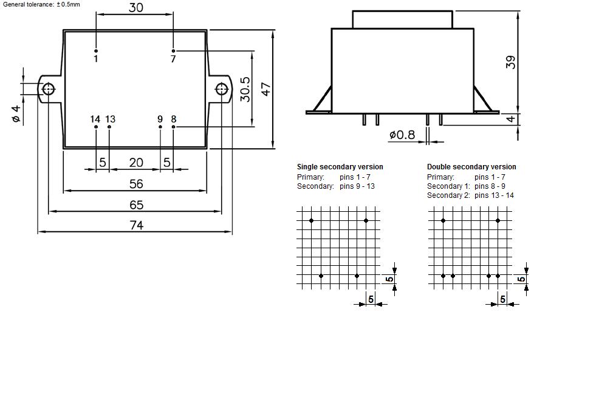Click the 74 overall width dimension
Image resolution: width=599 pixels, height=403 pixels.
pos(136,225)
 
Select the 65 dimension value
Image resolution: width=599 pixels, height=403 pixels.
pos(136,205)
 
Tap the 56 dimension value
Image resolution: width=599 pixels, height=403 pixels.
pos(136,185)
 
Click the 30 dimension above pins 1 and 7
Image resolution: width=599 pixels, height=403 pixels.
pos(136,8)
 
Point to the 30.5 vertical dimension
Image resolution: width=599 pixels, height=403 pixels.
pos(245,89)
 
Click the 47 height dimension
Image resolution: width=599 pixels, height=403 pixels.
pos(265,89)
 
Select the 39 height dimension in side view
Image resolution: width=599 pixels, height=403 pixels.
pos(510,62)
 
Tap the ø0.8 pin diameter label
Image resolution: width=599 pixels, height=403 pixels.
pos(402,135)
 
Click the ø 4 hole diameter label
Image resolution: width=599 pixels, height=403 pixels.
pos(16,113)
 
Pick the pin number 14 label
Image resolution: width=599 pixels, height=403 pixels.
pos(95,119)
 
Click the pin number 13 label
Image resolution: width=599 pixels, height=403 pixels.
pos(110,119)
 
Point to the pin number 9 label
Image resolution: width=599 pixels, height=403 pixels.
pos(160,119)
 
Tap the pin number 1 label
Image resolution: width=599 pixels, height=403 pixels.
pos(96,59)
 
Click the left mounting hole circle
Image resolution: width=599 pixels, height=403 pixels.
pos(49,89)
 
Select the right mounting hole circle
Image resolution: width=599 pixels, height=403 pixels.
pos(222,89)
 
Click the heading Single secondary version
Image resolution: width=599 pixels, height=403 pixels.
pos(340,167)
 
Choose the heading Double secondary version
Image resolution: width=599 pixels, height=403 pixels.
pos(471,167)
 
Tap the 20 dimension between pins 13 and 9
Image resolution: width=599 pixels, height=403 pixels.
pos(136,163)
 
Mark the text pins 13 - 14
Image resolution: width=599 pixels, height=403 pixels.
pos(494,195)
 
